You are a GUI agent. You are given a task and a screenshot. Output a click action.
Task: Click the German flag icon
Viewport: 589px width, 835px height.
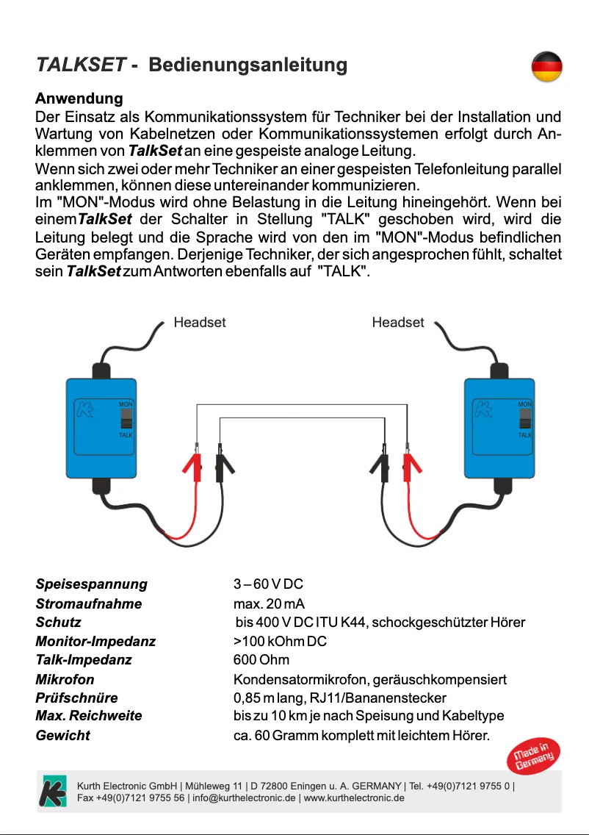click(x=546, y=68)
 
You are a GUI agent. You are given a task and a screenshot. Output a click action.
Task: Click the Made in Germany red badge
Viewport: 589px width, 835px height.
click(x=533, y=757)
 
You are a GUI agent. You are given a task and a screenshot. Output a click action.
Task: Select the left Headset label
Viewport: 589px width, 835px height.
click(x=199, y=323)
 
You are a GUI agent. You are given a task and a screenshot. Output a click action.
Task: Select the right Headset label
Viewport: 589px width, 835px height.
click(x=398, y=323)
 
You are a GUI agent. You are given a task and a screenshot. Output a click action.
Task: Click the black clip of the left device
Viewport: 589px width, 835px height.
click(x=220, y=465)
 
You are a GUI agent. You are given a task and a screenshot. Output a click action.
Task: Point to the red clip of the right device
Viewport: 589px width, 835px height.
click(x=408, y=465)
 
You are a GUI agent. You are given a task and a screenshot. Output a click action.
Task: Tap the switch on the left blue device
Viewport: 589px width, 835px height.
click(x=126, y=420)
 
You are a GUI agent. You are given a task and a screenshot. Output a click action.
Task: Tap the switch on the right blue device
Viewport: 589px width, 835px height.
click(x=524, y=419)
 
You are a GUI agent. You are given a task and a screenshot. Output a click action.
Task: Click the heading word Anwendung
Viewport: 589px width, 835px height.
click(x=79, y=98)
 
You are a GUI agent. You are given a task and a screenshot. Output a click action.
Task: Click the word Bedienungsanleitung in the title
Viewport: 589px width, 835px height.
click(x=247, y=65)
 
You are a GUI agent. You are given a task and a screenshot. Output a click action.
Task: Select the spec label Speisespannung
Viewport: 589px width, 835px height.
click(x=91, y=584)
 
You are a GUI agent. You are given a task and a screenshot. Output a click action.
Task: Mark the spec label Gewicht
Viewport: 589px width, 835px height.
click(x=62, y=735)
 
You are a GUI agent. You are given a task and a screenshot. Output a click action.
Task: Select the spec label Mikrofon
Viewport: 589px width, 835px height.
click(x=65, y=680)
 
